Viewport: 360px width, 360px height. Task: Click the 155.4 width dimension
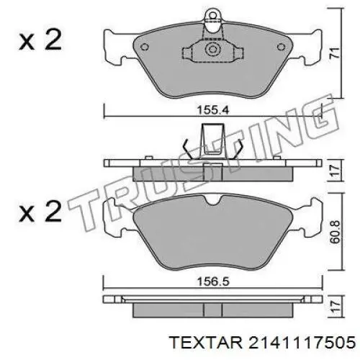[x=213, y=110]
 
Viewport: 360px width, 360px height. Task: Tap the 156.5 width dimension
[x=213, y=282]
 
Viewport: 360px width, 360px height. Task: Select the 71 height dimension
[x=335, y=53]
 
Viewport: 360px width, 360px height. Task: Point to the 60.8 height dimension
[x=335, y=232]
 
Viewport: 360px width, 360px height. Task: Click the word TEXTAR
[x=206, y=343]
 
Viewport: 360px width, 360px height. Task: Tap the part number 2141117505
[x=302, y=343]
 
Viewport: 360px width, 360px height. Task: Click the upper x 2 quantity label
[x=40, y=40]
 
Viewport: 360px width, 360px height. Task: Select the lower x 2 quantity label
[x=40, y=212]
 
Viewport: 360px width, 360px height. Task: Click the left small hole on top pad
[x=144, y=47]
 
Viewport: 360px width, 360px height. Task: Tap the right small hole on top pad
[x=281, y=47]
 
